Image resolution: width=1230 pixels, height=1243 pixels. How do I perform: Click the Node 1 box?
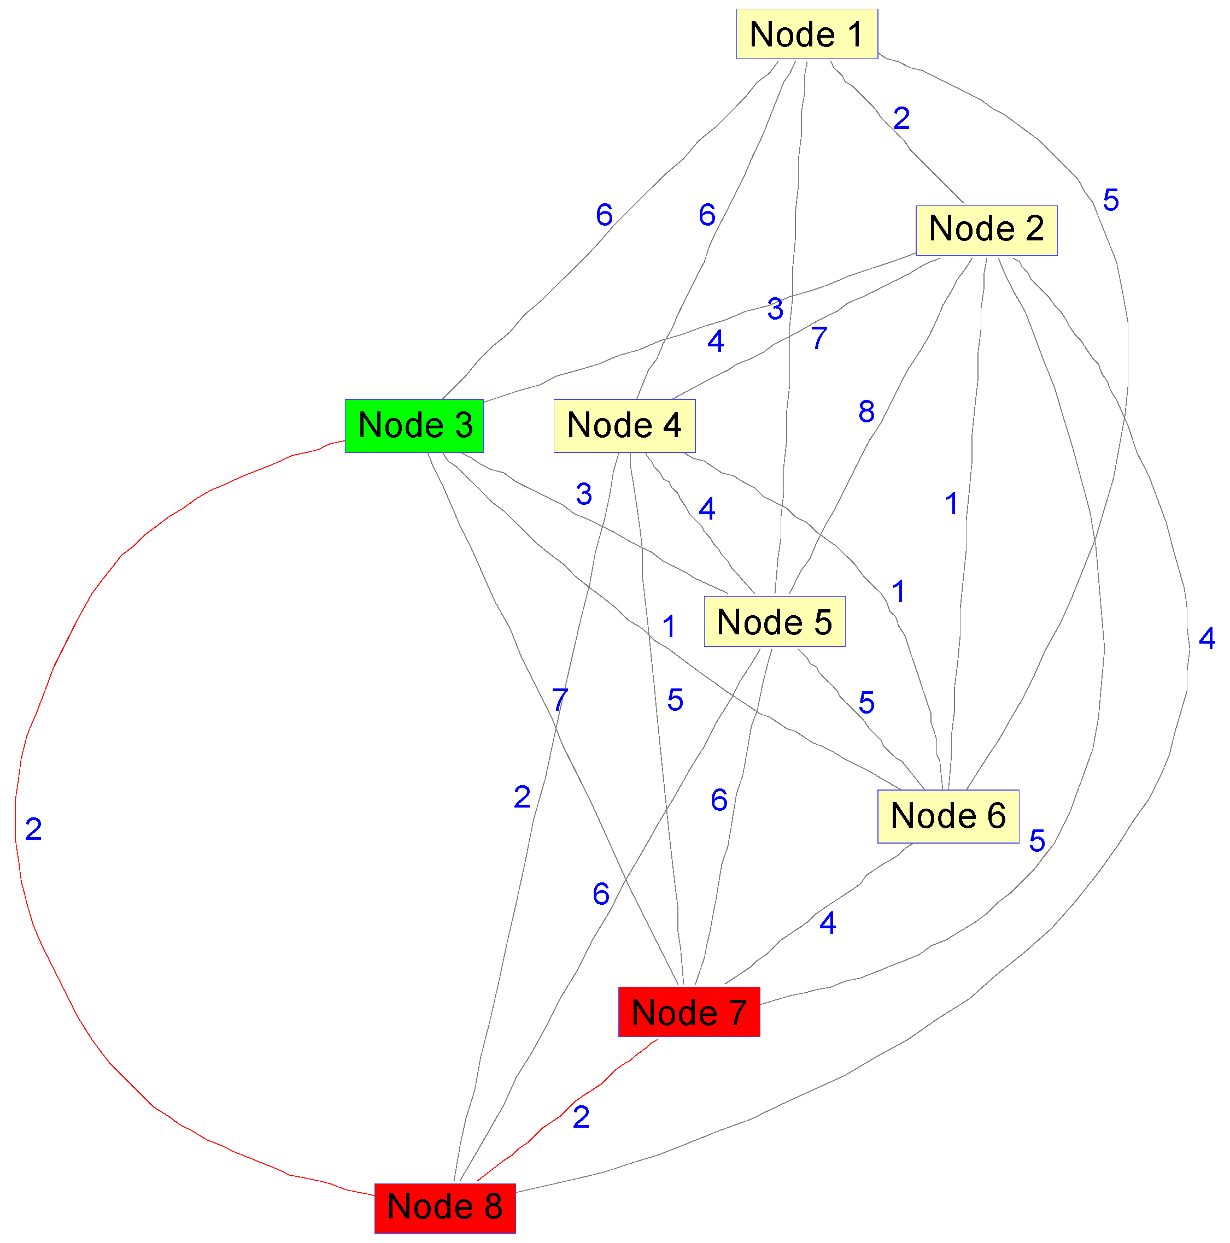[x=806, y=34]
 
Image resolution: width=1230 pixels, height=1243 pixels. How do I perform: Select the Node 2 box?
[x=986, y=231]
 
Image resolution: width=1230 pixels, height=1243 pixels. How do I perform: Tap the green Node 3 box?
[x=414, y=426]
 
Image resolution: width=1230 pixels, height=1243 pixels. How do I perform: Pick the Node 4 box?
[x=624, y=426]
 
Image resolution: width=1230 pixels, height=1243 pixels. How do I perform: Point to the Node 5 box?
[x=774, y=622]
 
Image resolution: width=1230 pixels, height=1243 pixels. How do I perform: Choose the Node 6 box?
[x=947, y=816]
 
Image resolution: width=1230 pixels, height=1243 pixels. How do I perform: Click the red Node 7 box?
[x=689, y=1012]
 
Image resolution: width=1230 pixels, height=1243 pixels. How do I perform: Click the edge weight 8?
[x=866, y=412]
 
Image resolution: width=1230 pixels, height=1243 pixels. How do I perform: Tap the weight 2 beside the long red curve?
[x=33, y=829]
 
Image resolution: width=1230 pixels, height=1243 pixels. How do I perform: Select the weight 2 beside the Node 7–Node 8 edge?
[x=581, y=1117]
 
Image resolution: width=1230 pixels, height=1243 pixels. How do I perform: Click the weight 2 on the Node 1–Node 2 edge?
[x=901, y=119]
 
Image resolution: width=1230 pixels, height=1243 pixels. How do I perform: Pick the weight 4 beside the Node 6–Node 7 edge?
[x=828, y=923]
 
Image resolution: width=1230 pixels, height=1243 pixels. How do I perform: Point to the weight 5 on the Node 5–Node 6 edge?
[x=866, y=703]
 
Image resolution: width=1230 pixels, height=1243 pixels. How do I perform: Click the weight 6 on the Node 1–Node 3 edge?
[x=604, y=215]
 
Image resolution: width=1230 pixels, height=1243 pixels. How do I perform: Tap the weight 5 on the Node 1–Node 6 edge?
[x=1111, y=200]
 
